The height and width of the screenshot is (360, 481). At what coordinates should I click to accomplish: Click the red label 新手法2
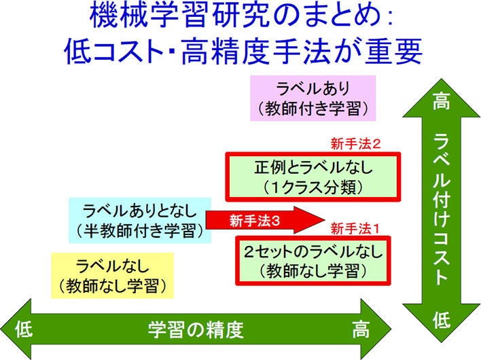point(355,144)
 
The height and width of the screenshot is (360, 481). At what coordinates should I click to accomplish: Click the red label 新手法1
point(355,228)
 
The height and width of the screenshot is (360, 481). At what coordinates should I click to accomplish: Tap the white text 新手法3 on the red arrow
point(255,220)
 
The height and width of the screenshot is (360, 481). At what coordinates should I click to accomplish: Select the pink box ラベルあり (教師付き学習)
point(313,98)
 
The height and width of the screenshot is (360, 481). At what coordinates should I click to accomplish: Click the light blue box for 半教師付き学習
point(140,220)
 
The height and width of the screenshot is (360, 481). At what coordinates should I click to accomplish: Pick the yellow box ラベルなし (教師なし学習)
point(113,275)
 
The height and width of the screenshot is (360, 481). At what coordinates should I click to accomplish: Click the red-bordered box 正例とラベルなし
point(313,177)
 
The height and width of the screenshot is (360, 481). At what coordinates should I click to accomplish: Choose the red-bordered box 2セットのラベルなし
point(313,261)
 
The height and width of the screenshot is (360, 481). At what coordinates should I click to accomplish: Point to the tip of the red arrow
point(325,220)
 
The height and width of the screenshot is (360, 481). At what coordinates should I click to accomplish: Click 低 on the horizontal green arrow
point(24,329)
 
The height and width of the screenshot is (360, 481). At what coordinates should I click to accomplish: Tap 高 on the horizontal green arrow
point(361,329)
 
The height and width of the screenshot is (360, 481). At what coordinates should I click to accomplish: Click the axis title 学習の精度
point(196,329)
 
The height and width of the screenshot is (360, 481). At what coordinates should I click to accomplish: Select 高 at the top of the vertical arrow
point(442,101)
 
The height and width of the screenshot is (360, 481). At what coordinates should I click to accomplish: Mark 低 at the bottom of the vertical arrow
point(442,320)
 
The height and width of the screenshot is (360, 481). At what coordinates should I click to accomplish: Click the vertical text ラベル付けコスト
point(442,209)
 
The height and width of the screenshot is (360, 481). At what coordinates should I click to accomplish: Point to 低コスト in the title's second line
point(113,51)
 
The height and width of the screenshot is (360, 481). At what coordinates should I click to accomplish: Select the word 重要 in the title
point(393,51)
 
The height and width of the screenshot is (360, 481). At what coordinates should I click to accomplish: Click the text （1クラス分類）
point(313,187)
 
